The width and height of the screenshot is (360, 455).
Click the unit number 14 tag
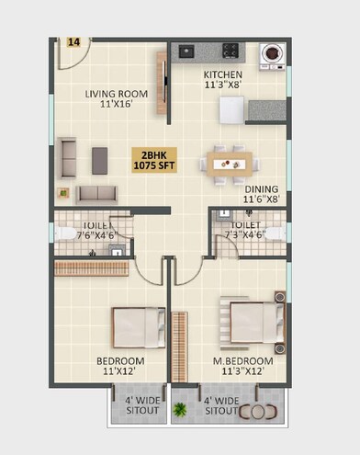(x=73, y=42)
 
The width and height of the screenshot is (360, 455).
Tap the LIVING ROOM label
(x=116, y=94)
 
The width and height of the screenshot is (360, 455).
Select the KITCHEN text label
(x=222, y=75)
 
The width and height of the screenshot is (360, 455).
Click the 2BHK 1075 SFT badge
(x=154, y=159)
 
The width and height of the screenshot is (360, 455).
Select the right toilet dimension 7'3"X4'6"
(x=244, y=233)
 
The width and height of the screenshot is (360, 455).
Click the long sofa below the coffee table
(x=96, y=193)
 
